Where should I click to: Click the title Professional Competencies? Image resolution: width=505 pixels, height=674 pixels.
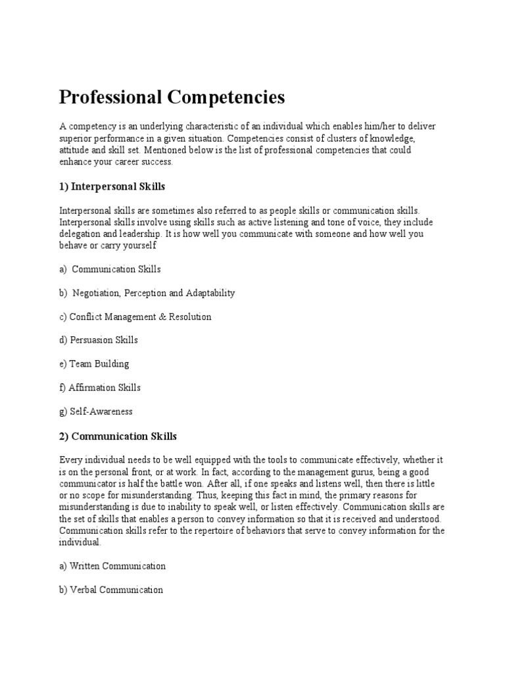172,97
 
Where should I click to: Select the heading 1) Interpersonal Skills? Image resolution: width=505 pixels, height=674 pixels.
112,187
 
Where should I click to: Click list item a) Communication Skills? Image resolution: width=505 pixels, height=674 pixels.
110,269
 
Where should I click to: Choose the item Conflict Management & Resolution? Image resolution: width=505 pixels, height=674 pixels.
135,317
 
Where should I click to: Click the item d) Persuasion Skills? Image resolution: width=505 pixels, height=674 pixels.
99,340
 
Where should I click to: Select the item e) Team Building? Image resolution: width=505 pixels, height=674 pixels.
94,364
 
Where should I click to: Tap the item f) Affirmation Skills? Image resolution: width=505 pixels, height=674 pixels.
100,388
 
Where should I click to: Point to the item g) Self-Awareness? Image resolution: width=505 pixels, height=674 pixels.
96,411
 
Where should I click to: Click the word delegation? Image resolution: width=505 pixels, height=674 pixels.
80,234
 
